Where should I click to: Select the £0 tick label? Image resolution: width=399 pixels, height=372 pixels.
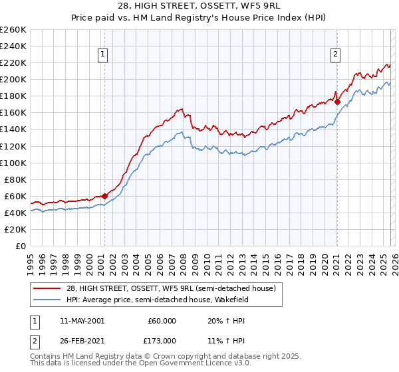19,246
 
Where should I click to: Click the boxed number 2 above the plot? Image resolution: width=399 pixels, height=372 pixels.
336,55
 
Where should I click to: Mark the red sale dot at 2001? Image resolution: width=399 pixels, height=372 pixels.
104,196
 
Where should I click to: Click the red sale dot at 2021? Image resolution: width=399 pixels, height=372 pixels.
337,102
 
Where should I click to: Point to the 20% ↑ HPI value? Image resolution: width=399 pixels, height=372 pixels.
225,320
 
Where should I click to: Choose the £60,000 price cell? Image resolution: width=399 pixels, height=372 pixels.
161,320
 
